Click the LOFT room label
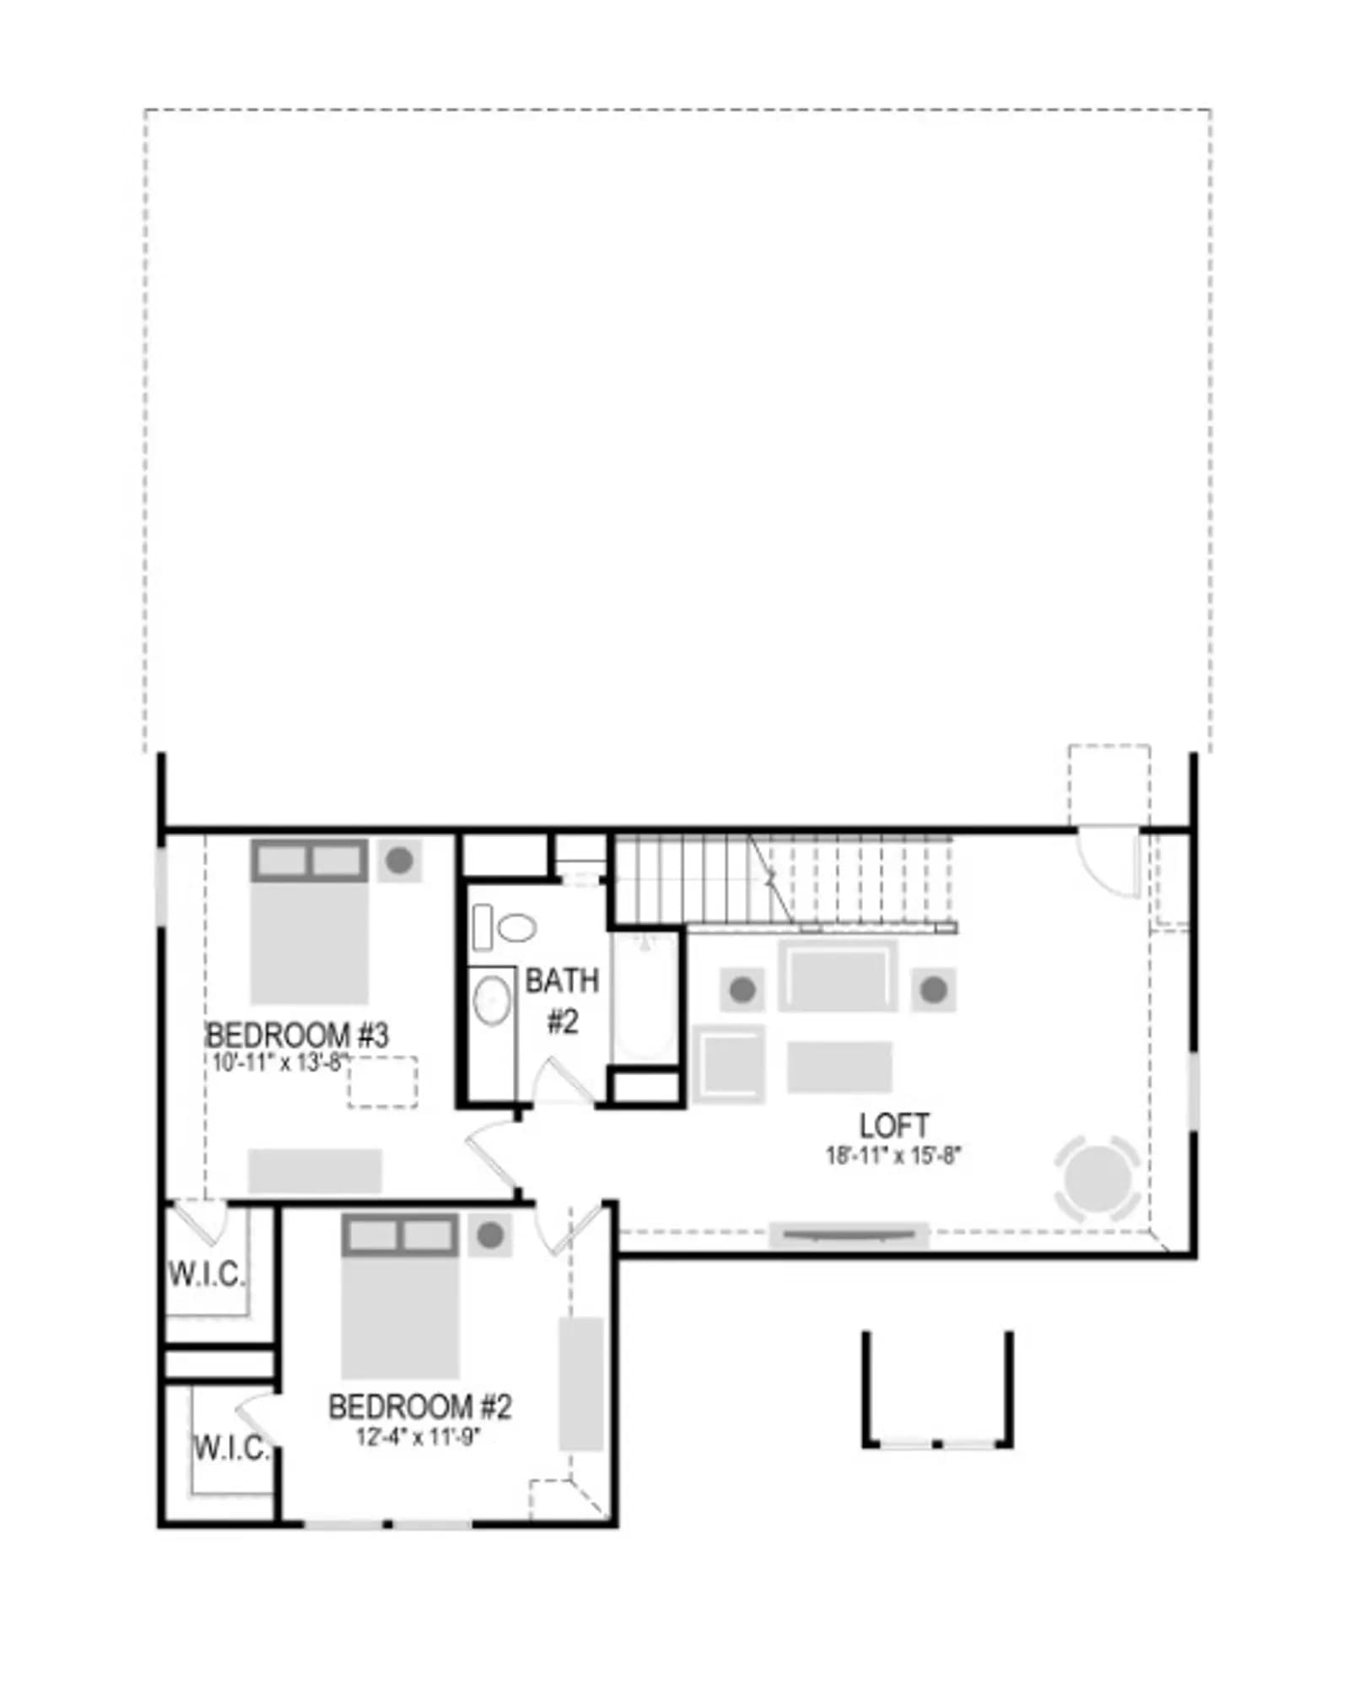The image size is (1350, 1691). (894, 1126)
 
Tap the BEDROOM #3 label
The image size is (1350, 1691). (297, 1035)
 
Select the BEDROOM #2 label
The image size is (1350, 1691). (419, 1407)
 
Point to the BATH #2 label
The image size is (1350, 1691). (562, 1001)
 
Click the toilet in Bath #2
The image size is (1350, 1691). (505, 927)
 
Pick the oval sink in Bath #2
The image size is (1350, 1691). (492, 1001)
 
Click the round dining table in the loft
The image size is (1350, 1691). (1097, 1178)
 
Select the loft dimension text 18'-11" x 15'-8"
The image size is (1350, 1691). (894, 1155)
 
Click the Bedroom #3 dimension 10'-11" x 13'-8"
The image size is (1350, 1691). (280, 1062)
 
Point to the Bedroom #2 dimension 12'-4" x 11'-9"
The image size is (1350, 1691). (418, 1435)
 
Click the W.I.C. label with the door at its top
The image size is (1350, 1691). (206, 1274)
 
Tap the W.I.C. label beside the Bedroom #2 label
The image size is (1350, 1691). (231, 1448)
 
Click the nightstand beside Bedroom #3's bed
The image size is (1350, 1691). (399, 861)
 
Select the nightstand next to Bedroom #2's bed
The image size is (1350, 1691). (490, 1236)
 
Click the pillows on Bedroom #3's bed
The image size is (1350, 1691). (310, 861)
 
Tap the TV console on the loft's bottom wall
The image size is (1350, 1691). (849, 1235)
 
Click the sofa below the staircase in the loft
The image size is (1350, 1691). (838, 976)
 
